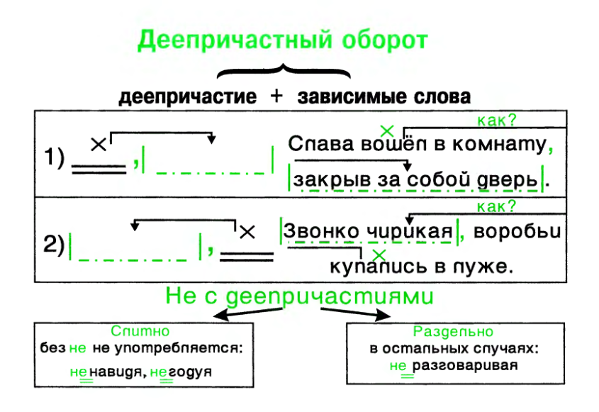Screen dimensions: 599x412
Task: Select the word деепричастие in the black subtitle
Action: tap(188, 96)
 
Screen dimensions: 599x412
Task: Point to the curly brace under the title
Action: tap(284, 72)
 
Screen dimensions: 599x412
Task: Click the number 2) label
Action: tap(55, 244)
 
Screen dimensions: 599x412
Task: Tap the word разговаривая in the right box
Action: tap(465, 366)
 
